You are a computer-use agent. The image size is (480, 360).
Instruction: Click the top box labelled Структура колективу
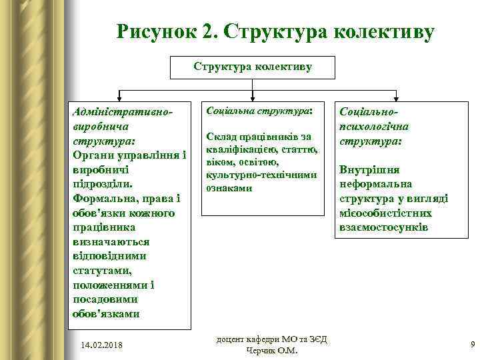point(253,67)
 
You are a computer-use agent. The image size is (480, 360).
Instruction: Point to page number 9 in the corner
point(472,345)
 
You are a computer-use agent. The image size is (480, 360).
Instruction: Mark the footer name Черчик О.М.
point(274,351)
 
